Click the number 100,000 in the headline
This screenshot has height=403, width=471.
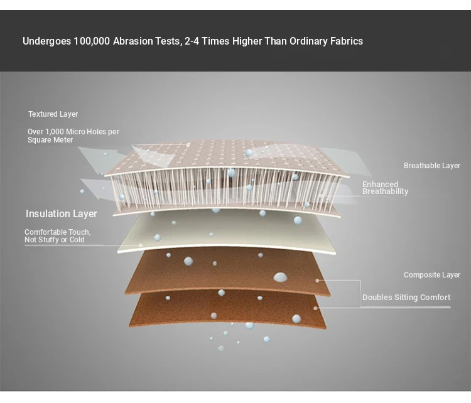[92, 41]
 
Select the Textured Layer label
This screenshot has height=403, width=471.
[53, 114]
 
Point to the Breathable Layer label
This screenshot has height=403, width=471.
[432, 166]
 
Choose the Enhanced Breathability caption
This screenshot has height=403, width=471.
[386, 188]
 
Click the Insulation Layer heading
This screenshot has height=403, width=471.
[62, 214]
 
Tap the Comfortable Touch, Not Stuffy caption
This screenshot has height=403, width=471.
[57, 236]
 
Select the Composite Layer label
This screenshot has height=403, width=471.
[432, 275]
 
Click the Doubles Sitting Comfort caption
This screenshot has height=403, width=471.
[406, 298]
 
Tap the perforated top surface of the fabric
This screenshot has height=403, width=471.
[229, 156]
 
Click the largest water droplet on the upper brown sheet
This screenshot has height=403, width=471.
[280, 277]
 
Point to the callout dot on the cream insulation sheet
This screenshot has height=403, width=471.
[141, 245]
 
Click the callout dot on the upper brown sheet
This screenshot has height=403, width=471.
[317, 281]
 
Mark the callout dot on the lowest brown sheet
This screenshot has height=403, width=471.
[315, 308]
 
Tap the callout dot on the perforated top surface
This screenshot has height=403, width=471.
[188, 145]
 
